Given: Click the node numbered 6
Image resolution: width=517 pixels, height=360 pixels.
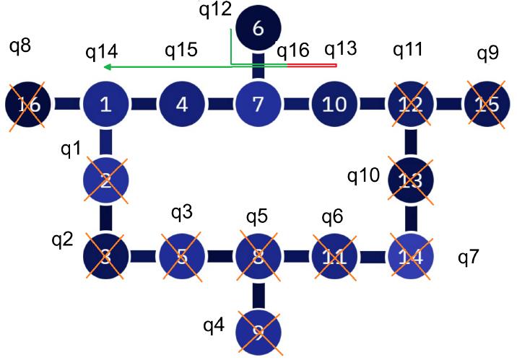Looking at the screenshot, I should pyautogui.click(x=259, y=29).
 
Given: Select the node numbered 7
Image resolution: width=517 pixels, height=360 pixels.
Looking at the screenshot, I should pyautogui.click(x=258, y=105).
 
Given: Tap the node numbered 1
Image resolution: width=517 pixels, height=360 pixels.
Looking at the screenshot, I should pyautogui.click(x=105, y=105).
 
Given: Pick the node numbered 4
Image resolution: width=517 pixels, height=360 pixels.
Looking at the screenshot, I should pyautogui.click(x=182, y=105).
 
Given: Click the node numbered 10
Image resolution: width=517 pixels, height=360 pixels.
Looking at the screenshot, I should pyautogui.click(x=334, y=105).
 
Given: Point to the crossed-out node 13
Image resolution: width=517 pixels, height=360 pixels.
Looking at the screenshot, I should pyautogui.click(x=410, y=180).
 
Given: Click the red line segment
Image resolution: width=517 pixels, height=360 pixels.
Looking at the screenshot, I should pyautogui.click(x=312, y=66).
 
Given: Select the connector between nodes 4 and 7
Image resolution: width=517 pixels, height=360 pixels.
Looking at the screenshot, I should pyautogui.click(x=220, y=105).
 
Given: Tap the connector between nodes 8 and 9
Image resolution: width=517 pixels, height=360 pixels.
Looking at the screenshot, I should pyautogui.click(x=258, y=291).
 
